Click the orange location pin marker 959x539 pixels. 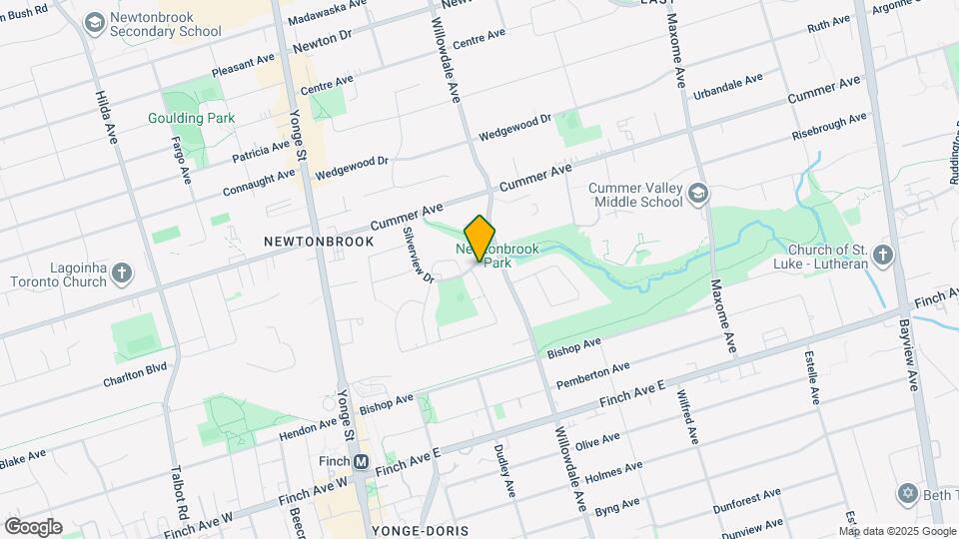pyautogui.click(x=479, y=239)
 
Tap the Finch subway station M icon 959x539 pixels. pyautogui.click(x=362, y=461)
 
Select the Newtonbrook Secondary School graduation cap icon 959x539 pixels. pyautogui.click(x=95, y=22)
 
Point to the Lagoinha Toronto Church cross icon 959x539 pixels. pyautogui.click(x=122, y=272)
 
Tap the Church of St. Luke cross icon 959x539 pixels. pyautogui.click(x=882, y=256)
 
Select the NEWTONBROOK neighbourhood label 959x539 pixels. pyautogui.click(x=319, y=242)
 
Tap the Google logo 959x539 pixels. pyautogui.click(x=33, y=527)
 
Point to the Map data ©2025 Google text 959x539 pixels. pyautogui.click(x=896, y=529)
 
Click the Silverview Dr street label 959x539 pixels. pyautogui.click(x=418, y=255)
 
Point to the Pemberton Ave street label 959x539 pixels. pyautogui.click(x=590, y=376)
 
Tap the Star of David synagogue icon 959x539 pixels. pyautogui.click(x=908, y=493)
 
